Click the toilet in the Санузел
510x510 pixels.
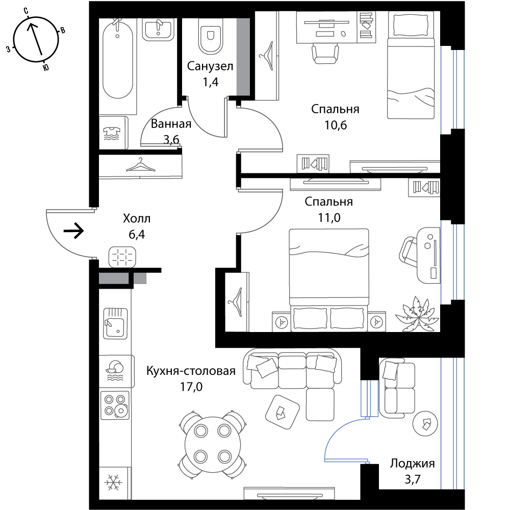point(211,36)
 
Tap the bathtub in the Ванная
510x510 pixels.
point(118,58)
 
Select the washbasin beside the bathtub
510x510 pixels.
point(159,29)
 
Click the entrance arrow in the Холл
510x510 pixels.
point(74,231)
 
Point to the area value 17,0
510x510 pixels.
point(191,387)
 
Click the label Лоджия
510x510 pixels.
point(413,463)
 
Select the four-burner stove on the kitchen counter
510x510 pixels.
point(115,405)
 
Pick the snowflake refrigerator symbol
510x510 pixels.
point(113,482)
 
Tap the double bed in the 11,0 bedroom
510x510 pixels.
point(329,280)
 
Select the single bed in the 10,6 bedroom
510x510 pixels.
point(411,65)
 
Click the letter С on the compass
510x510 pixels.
point(26,11)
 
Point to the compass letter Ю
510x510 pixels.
point(46,67)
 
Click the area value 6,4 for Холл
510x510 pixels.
point(137,234)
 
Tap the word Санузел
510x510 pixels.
point(210,66)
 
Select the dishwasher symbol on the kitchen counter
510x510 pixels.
point(115,371)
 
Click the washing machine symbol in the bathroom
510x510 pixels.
point(112,133)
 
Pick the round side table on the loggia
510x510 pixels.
point(425,423)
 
